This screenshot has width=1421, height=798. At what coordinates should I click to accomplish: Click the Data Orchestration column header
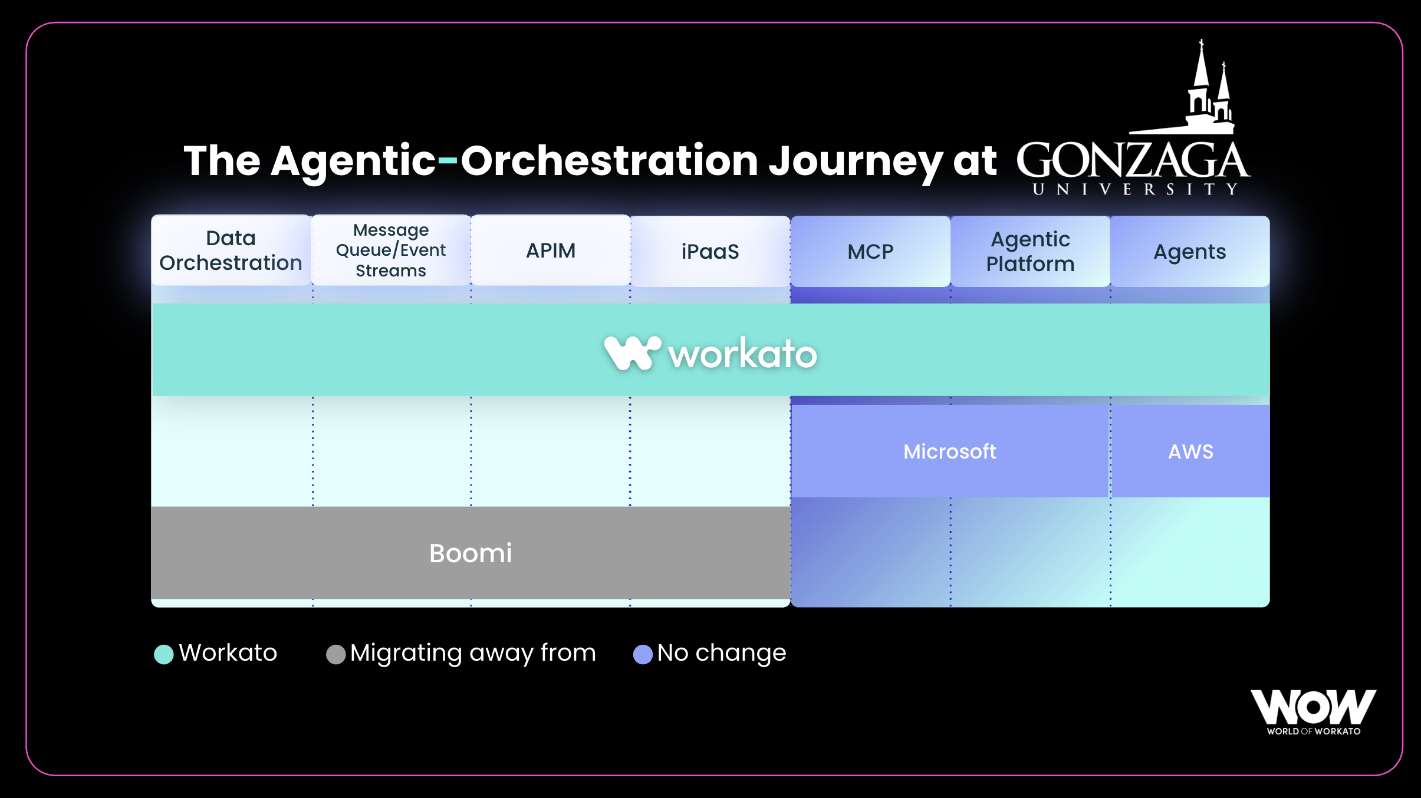(231, 250)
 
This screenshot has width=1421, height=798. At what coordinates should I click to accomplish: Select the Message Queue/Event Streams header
(391, 250)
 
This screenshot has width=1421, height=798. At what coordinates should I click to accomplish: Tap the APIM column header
(551, 250)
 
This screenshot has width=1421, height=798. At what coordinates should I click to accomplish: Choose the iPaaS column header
(710, 252)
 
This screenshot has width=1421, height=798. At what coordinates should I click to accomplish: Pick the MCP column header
(870, 252)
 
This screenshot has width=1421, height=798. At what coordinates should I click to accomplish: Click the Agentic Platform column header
(1030, 252)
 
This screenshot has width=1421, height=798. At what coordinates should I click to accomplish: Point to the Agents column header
(1190, 252)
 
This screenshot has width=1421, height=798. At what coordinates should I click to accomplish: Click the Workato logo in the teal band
(710, 353)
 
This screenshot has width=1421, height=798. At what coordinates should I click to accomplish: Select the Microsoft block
(950, 451)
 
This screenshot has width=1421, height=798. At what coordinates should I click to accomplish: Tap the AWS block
(1190, 451)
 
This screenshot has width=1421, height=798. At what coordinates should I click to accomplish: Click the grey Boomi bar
(471, 553)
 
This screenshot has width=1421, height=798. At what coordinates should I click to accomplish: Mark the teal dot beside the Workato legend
(164, 654)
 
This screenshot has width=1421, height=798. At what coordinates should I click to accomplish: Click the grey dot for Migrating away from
(336, 654)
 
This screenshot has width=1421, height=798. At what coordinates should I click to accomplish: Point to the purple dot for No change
(643, 654)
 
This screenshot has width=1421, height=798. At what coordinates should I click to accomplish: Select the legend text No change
(722, 653)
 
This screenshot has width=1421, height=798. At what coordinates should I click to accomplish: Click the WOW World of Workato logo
(1314, 713)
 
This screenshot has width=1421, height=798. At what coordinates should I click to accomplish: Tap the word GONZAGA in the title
(1133, 160)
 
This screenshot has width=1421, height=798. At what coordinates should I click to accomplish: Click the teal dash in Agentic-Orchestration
(448, 160)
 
